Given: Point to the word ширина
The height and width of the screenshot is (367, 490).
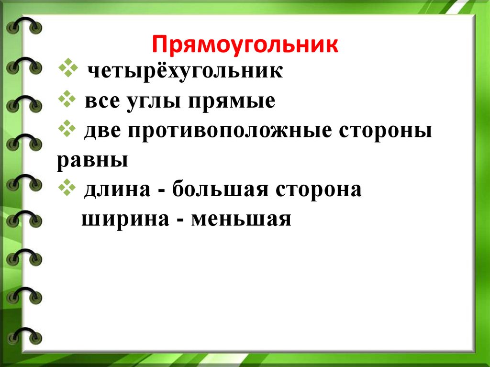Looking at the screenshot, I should [x=125, y=220].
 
